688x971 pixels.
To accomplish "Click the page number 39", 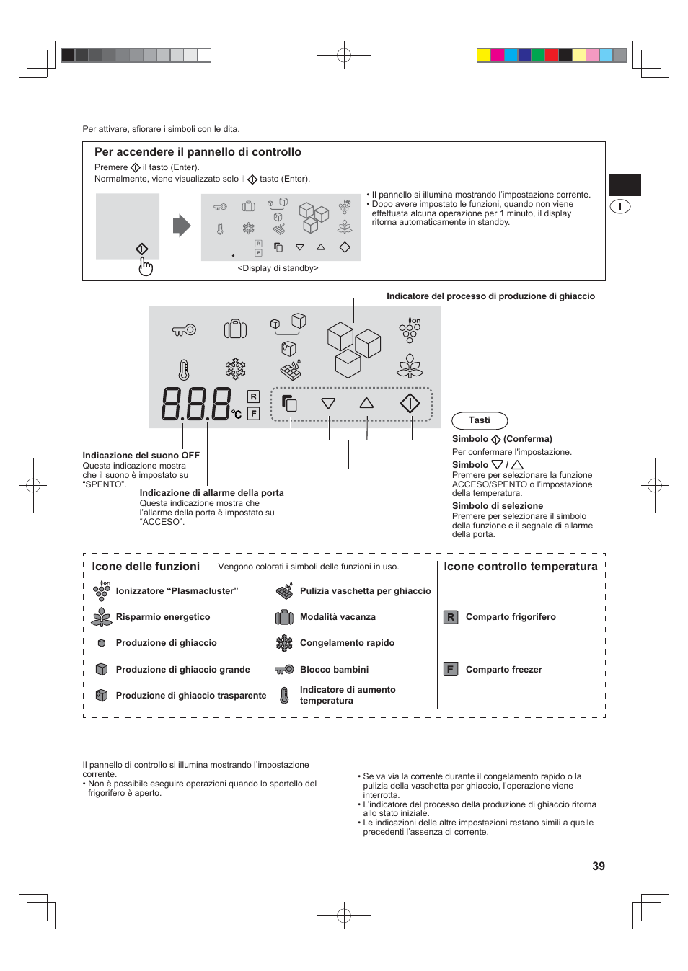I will pos(598,866).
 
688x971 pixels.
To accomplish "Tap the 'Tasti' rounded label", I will pos(480,420).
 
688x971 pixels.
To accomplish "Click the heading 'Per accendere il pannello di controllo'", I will pos(198,152).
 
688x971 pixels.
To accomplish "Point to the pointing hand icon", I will pos(146,267).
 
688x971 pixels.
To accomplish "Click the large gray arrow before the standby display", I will pos(182,226).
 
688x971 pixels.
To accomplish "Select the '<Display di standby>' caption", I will pos(278,268).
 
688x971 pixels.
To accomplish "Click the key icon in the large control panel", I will pos(184,330).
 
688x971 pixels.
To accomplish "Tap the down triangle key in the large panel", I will pos(328,404).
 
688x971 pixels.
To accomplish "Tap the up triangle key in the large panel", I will pos(366,403).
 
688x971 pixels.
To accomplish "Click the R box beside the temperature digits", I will pos(253,396).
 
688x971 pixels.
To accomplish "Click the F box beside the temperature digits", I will pos(253,413).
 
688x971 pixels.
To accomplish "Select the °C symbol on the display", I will pos(237,414).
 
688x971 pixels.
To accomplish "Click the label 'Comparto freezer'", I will pos(503,670).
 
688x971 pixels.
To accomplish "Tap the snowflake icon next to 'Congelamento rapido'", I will pos(284,643).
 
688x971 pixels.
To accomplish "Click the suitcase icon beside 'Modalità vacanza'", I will pos(284,617).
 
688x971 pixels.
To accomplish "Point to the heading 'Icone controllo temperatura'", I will pos(520,567).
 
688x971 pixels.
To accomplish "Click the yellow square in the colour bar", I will pos(484,55).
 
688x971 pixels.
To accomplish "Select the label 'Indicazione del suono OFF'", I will pos(141,456).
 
